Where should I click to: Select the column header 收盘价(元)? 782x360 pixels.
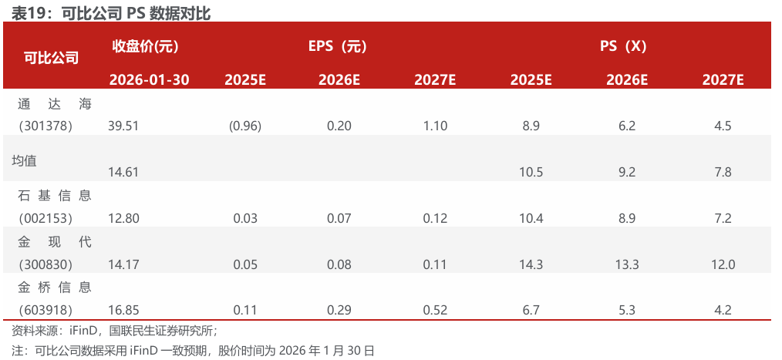146,46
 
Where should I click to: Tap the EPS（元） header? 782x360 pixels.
338,46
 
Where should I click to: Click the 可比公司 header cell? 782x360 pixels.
51,57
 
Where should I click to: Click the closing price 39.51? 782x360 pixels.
124,126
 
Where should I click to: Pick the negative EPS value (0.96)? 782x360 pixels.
245,126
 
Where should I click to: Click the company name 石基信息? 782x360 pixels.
54,196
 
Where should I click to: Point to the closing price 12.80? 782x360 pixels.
124,219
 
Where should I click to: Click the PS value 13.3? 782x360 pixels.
626,265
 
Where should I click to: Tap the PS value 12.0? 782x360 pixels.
723,265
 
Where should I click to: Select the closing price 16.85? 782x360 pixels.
124,311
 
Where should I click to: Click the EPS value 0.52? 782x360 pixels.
435,311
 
